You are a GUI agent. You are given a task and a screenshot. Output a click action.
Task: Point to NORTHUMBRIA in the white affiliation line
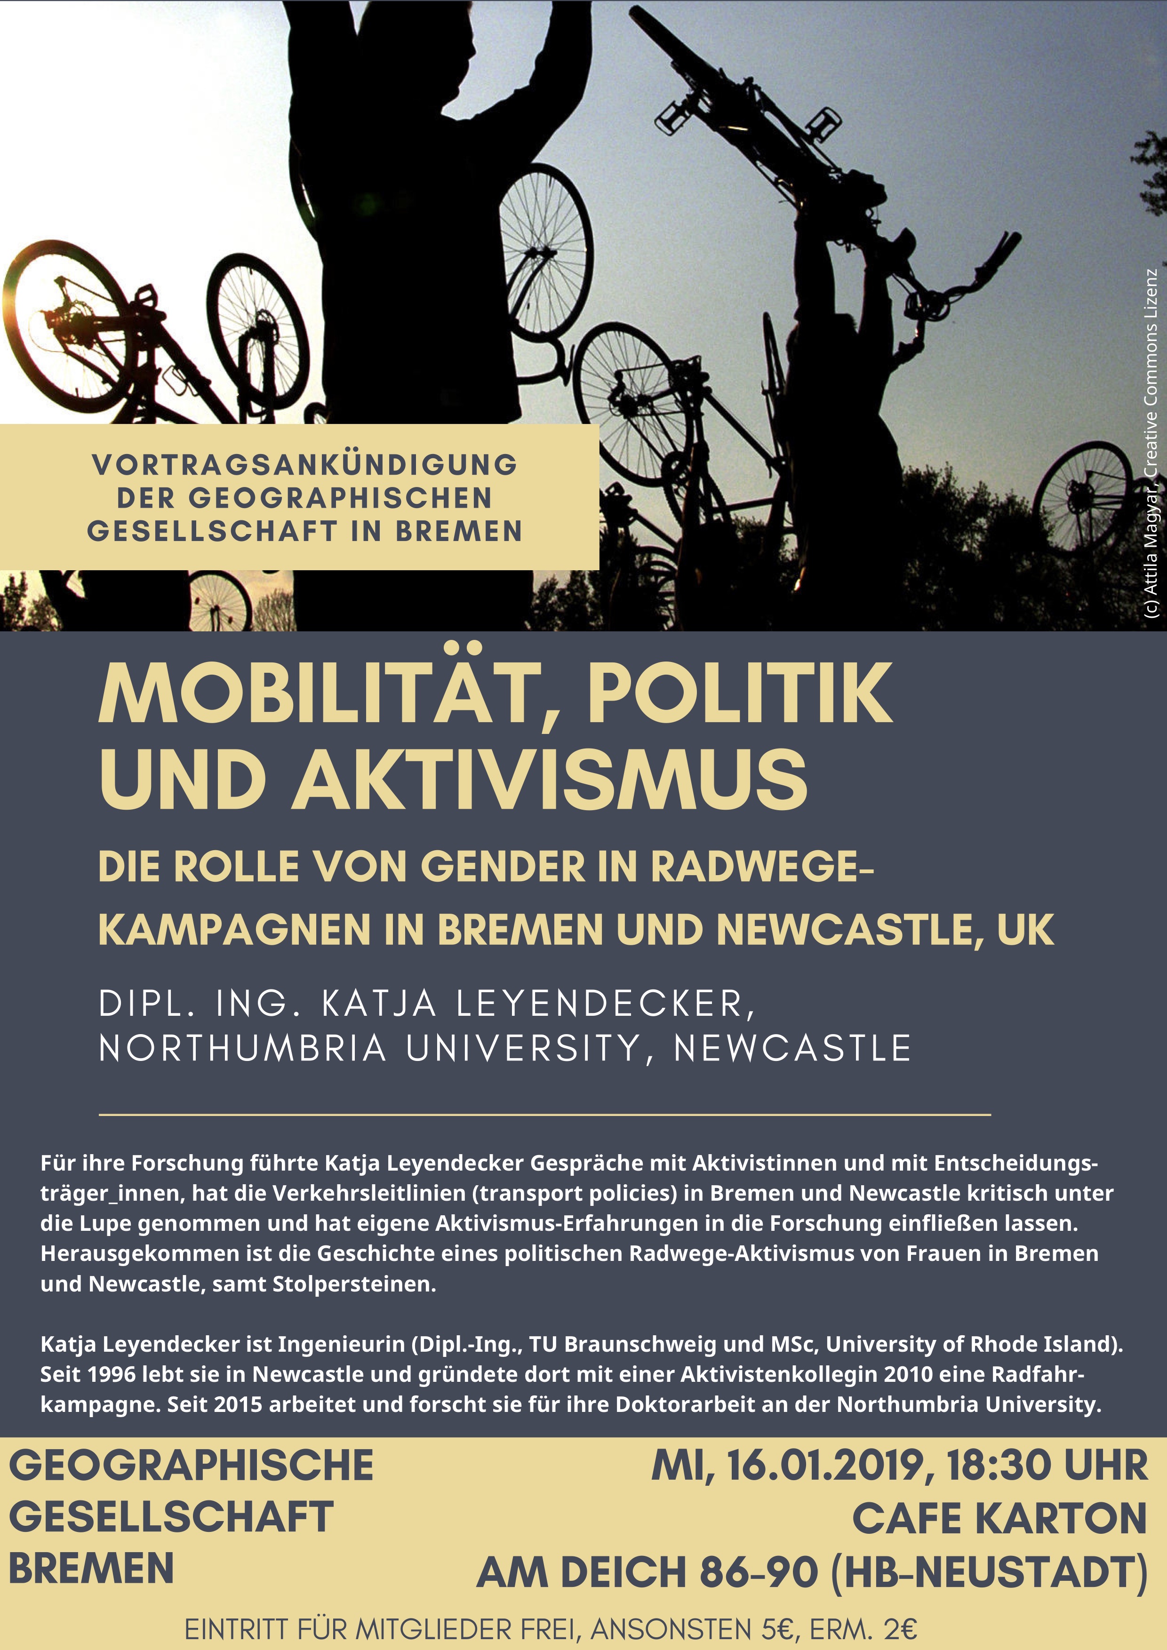243,1049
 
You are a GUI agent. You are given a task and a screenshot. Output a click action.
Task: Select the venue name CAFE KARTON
999,1519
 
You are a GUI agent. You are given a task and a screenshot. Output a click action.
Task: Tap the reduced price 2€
900,1628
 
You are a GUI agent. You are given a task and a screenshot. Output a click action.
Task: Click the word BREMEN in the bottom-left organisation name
91,1568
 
